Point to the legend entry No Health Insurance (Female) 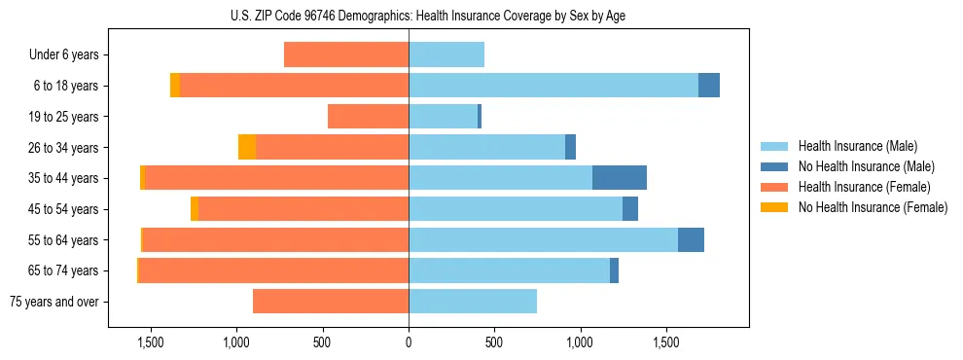(872, 207)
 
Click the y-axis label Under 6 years (63, 55)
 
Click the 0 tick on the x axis (409, 342)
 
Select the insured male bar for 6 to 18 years (553, 86)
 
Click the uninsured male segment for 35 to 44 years (620, 178)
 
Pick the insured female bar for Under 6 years (346, 55)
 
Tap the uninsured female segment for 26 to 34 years (247, 147)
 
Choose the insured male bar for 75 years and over (473, 302)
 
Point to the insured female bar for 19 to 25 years (368, 117)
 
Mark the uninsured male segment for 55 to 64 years (691, 239)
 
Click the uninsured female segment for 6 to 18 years (175, 86)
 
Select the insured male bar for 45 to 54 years (516, 209)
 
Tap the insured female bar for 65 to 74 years (273, 270)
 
